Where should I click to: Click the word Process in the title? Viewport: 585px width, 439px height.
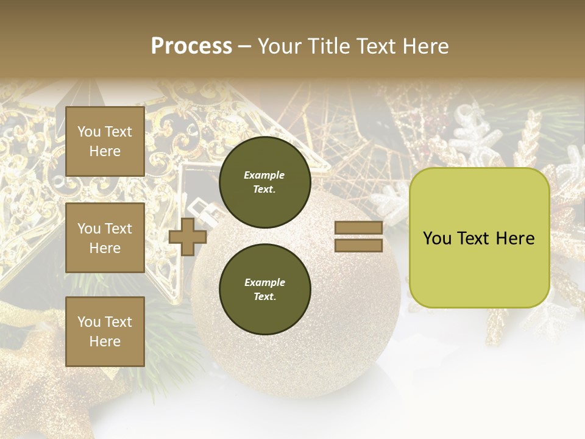click(191, 46)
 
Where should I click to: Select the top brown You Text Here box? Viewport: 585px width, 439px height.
click(105, 141)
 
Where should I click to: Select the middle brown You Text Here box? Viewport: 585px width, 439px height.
click(105, 238)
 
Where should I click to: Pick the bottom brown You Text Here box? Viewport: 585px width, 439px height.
click(105, 332)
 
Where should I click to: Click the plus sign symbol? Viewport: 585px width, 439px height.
click(188, 237)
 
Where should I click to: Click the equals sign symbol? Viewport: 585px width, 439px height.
click(358, 237)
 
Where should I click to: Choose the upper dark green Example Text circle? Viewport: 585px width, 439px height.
click(264, 182)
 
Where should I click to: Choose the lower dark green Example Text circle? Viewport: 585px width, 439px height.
click(264, 289)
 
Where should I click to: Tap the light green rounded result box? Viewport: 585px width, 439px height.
click(479, 238)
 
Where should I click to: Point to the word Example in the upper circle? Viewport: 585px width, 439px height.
click(264, 175)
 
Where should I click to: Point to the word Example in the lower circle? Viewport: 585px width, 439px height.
click(264, 282)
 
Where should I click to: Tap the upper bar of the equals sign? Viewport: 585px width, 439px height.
click(358, 228)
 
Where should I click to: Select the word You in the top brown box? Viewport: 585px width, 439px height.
click(88, 132)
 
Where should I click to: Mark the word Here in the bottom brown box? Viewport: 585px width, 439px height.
click(105, 341)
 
